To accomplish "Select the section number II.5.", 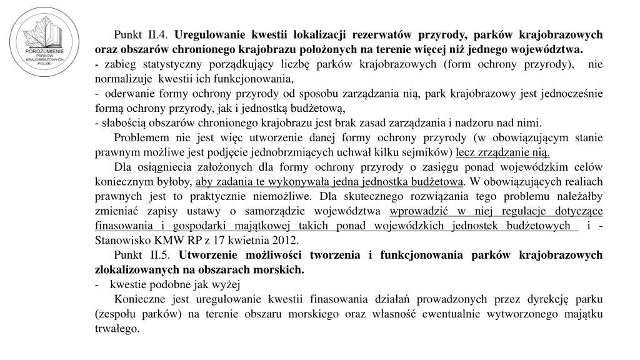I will (x=161, y=255).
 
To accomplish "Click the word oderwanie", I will (x=128, y=94).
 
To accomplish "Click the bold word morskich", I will (x=281, y=269).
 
